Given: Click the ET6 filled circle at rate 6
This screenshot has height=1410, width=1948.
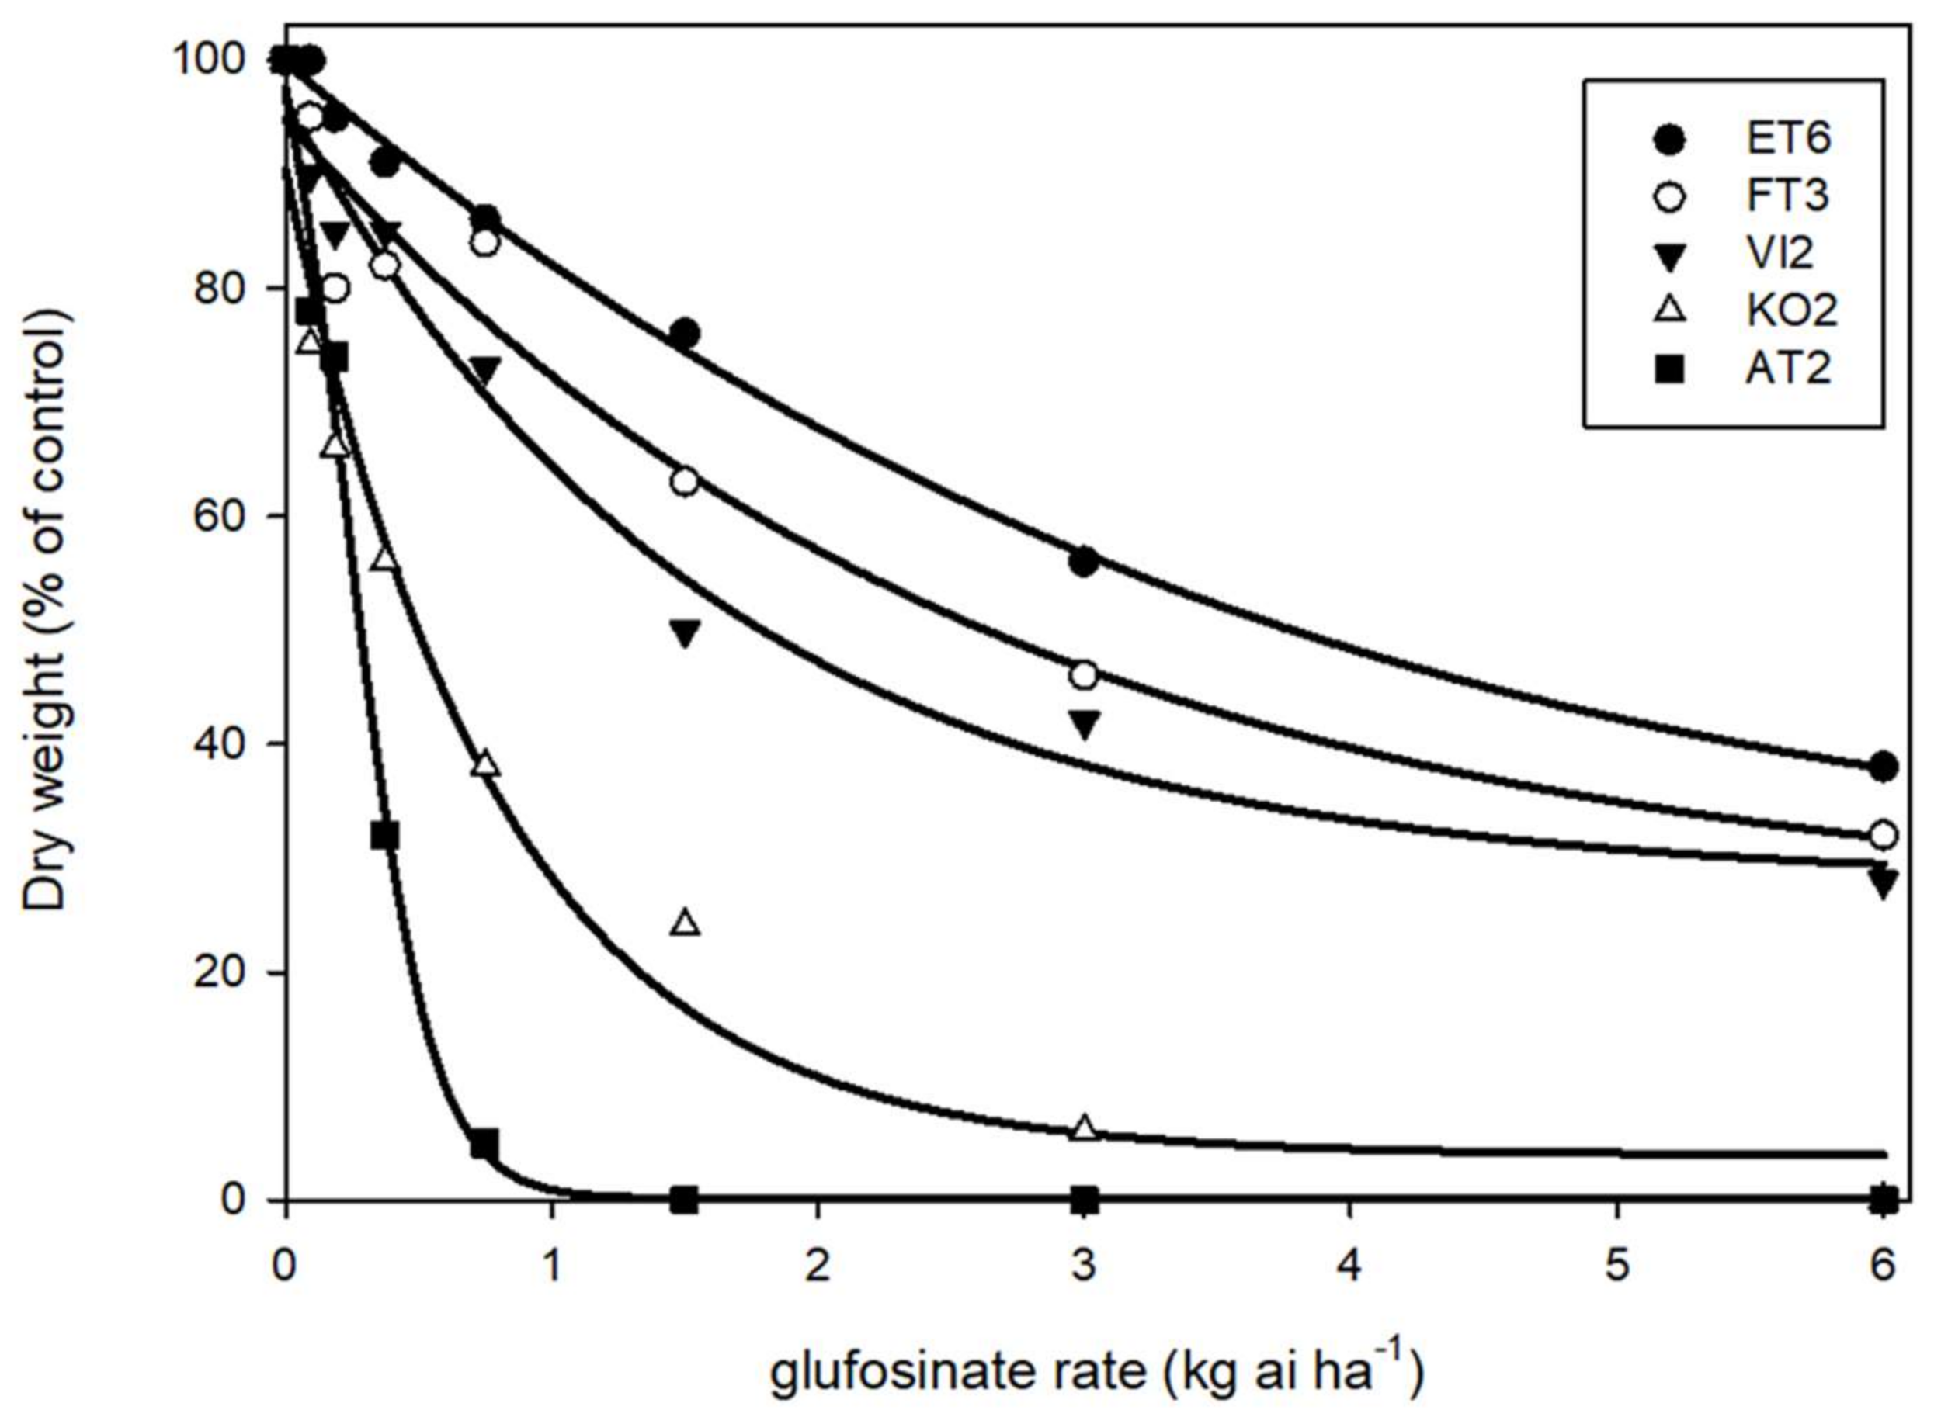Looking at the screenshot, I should click(1883, 766).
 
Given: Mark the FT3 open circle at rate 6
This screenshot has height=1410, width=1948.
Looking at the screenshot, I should click(1883, 833).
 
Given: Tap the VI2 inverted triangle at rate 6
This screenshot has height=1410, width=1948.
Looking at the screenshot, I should click(1883, 883).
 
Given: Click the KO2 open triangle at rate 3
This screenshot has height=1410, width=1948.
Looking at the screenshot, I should click(1085, 1128).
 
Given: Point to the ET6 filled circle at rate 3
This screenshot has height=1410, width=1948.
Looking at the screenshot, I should click(1085, 563).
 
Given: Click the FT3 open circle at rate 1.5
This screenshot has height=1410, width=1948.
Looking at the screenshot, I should click(685, 482).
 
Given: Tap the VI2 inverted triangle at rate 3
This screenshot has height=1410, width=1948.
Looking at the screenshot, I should click(1085, 725).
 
